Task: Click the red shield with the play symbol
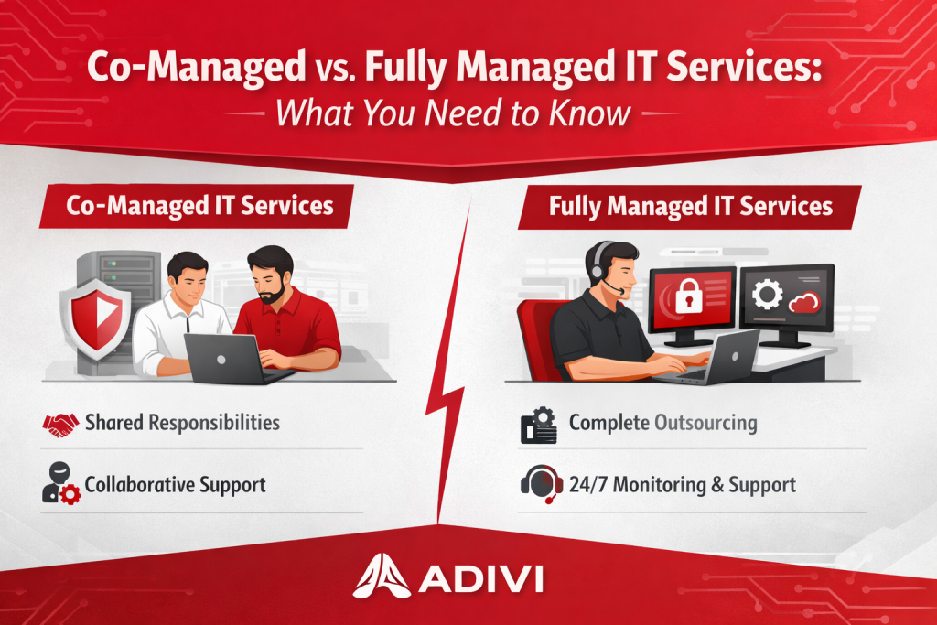tap(96, 316)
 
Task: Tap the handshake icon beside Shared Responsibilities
tap(60, 425)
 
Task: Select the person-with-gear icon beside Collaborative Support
tap(61, 483)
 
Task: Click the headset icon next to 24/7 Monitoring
tap(542, 483)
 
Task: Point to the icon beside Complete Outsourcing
tap(539, 425)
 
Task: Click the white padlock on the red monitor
tap(688, 295)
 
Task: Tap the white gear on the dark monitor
tap(768, 295)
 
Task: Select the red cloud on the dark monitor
tap(804, 302)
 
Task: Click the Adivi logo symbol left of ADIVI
tap(382, 577)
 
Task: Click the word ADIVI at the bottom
tap(481, 578)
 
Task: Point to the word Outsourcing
tap(705, 424)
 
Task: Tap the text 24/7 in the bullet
tap(588, 484)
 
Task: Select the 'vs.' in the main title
tap(335, 68)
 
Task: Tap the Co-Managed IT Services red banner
tap(197, 206)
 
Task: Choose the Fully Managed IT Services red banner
tap(690, 207)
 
